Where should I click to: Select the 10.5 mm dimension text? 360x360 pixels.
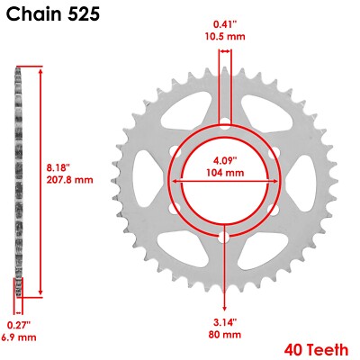pyautogui.click(x=225, y=38)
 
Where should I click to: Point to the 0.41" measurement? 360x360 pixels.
pyautogui.click(x=225, y=24)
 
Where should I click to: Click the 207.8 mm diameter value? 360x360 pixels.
pyautogui.click(x=70, y=179)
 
